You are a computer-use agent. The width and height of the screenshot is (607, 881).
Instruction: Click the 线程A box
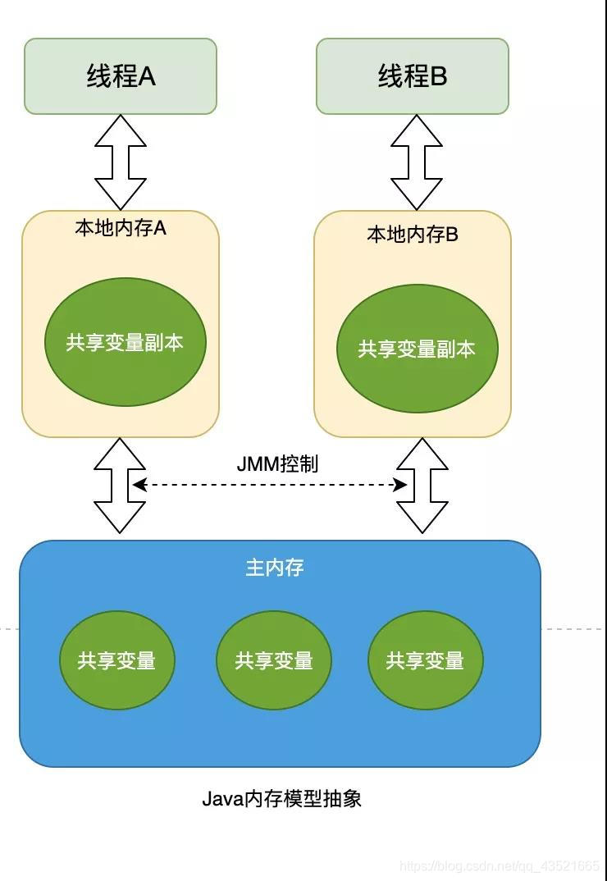click(121, 76)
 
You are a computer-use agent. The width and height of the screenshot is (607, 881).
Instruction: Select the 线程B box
click(413, 76)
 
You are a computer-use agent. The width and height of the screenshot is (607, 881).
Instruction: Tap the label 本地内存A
click(121, 228)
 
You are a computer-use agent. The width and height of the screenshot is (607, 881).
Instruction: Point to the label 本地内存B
click(413, 235)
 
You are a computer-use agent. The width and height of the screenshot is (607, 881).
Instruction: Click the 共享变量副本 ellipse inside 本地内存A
click(125, 342)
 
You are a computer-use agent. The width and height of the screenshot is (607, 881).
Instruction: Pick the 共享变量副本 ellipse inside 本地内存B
click(417, 349)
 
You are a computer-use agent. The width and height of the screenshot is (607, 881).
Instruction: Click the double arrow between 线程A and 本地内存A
click(121, 162)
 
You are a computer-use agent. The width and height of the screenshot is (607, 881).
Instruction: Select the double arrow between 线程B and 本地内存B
click(416, 162)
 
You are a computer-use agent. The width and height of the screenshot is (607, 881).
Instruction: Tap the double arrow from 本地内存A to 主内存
click(120, 486)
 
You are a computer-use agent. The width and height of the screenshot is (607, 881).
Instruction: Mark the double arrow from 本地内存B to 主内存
click(422, 486)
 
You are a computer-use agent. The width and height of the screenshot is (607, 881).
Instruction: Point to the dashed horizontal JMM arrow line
click(271, 485)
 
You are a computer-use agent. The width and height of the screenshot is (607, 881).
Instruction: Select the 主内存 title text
click(275, 568)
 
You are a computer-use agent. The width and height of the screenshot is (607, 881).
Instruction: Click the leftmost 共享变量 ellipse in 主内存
click(117, 660)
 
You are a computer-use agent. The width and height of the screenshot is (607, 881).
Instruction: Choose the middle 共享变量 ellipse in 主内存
click(274, 660)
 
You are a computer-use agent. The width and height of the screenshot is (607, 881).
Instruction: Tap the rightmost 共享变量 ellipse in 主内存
click(425, 660)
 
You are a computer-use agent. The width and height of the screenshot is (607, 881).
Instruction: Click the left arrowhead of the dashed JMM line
click(139, 485)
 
